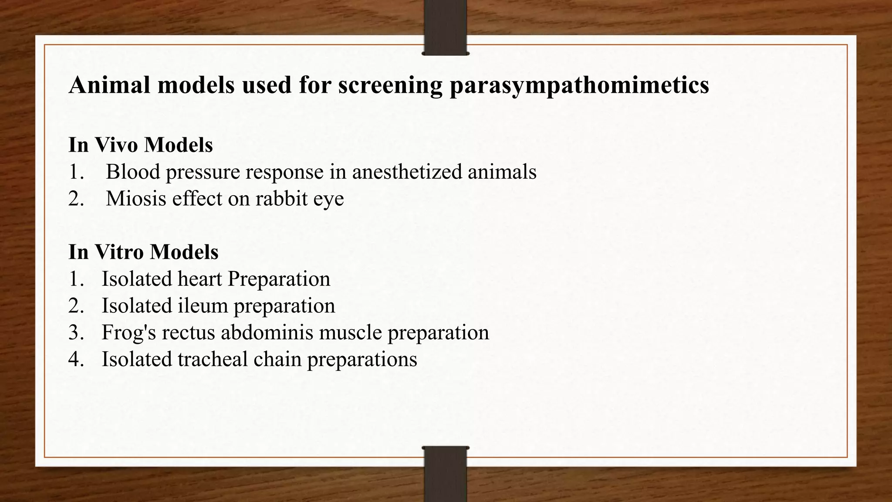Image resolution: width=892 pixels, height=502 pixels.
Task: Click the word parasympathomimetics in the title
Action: point(579,85)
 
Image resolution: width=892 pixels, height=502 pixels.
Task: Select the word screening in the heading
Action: point(390,85)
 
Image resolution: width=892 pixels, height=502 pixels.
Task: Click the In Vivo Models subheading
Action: point(141,145)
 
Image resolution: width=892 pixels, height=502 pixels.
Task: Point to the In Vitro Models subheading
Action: point(143,252)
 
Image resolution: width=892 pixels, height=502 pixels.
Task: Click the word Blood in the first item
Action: point(133,172)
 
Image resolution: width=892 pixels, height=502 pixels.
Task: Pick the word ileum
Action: point(203,305)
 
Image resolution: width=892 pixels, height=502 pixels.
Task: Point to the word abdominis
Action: point(267,332)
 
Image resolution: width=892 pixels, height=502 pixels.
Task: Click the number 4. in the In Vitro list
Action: point(76,360)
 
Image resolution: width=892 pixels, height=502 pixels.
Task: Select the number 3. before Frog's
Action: point(76,332)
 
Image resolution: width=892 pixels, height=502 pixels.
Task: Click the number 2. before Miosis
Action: point(76,199)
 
